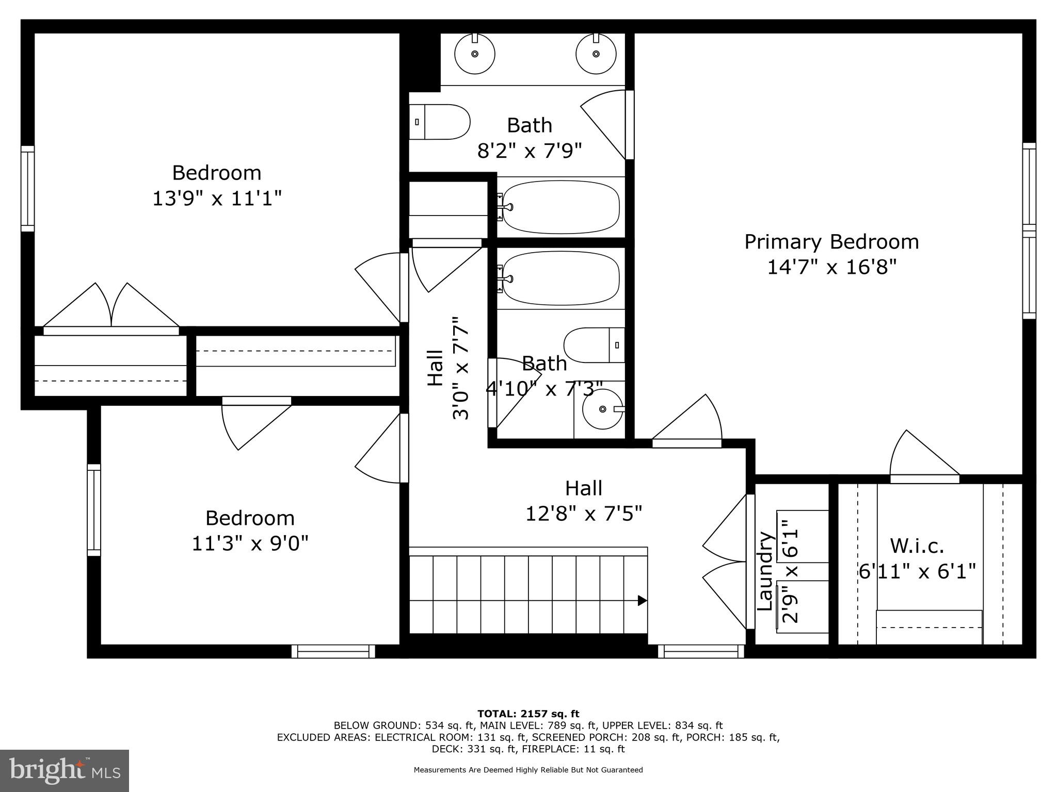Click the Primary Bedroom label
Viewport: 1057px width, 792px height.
tap(831, 242)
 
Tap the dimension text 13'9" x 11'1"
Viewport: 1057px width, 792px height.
tap(217, 199)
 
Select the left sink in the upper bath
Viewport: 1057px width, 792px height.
tap(474, 54)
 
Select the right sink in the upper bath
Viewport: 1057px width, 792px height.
tap(596, 54)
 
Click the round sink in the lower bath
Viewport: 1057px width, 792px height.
tap(602, 409)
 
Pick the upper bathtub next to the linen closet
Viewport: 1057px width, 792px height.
tap(560, 207)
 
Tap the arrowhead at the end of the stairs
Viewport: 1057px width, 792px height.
tap(642, 600)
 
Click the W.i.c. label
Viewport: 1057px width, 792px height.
tap(917, 546)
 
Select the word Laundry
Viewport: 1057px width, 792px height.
tap(765, 570)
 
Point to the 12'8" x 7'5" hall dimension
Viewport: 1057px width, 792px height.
tap(583, 514)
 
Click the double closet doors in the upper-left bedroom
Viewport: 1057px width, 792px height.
tap(111, 307)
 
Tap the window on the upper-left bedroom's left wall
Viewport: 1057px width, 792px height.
tap(27, 188)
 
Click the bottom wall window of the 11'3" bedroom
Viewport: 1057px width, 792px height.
tap(333, 651)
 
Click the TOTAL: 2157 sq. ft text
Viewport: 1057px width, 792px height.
tap(528, 714)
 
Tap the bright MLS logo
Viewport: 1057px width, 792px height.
tap(65, 770)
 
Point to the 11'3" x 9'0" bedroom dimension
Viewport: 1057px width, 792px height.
tap(250, 543)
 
